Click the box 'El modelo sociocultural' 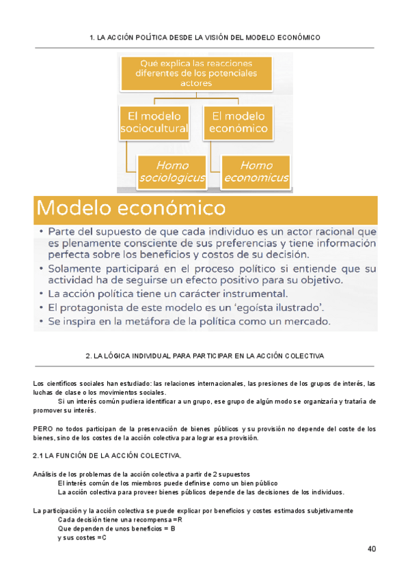coord(154,122)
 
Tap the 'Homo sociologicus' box coord(172,172)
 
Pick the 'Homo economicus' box coord(256,172)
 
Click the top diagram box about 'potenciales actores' coord(197,73)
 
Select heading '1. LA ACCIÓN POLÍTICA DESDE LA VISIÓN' coord(204,38)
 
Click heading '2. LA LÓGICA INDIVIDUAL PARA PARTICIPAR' coord(205,356)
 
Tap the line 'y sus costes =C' coord(82,538)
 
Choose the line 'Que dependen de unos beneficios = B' coord(117,528)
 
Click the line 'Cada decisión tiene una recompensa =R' coord(120,520)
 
